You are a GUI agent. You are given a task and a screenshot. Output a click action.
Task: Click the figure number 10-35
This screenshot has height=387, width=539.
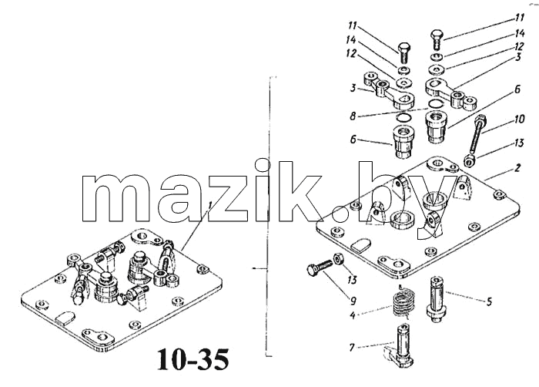(192, 360)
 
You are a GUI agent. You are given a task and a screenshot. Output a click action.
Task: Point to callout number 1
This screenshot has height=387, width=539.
(209, 206)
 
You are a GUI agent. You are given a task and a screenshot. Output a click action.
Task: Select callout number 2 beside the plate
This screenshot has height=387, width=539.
(517, 168)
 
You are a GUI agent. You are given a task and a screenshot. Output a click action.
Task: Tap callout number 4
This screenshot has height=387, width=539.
(353, 315)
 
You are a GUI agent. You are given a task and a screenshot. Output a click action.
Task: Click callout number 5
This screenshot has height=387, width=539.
(489, 302)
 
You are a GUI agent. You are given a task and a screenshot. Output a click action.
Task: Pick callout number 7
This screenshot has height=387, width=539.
(352, 348)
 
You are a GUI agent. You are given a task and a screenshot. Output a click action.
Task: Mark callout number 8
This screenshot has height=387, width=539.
(353, 116)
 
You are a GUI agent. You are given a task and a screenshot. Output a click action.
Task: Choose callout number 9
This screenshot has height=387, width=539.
(353, 301)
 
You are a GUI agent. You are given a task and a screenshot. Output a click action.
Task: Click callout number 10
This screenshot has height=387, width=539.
(519, 119)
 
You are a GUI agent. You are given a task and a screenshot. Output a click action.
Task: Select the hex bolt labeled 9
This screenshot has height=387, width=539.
(319, 268)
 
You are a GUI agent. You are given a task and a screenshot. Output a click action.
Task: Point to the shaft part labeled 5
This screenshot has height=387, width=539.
(437, 300)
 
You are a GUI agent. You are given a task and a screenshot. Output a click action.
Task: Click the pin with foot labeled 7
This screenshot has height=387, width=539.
(400, 346)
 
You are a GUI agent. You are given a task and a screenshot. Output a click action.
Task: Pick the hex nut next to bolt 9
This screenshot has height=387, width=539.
(337, 258)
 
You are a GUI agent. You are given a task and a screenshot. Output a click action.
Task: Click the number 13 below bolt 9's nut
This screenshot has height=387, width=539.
(352, 279)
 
